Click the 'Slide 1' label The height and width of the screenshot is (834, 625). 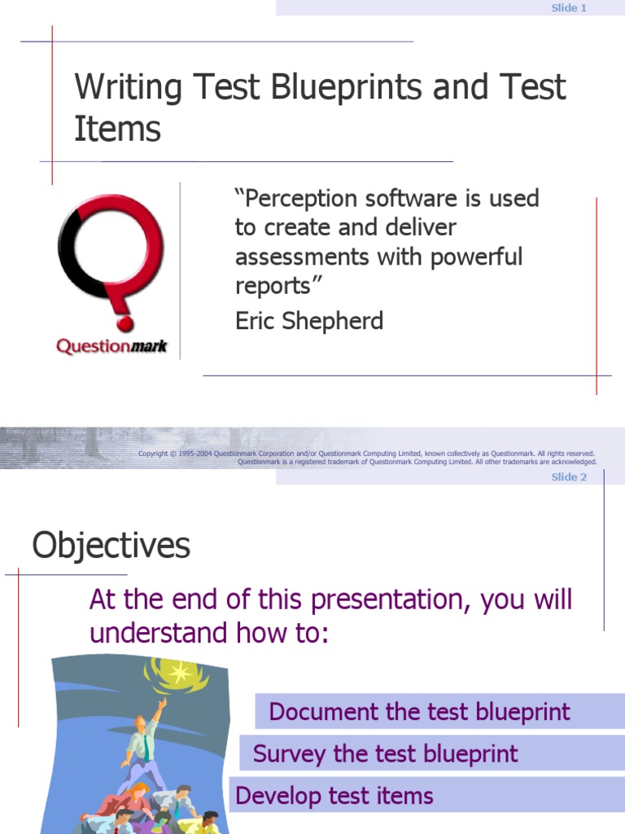coord(569,8)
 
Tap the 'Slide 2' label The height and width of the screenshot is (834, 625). coord(569,477)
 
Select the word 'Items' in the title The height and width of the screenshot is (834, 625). coord(117,129)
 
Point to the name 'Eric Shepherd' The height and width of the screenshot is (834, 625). coord(308,321)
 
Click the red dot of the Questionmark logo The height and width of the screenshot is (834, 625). coord(125,324)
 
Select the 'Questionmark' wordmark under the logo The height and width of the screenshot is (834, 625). coord(111,347)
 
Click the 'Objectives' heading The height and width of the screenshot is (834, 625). coord(111,546)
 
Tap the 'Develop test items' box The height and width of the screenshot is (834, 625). coord(334,796)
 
